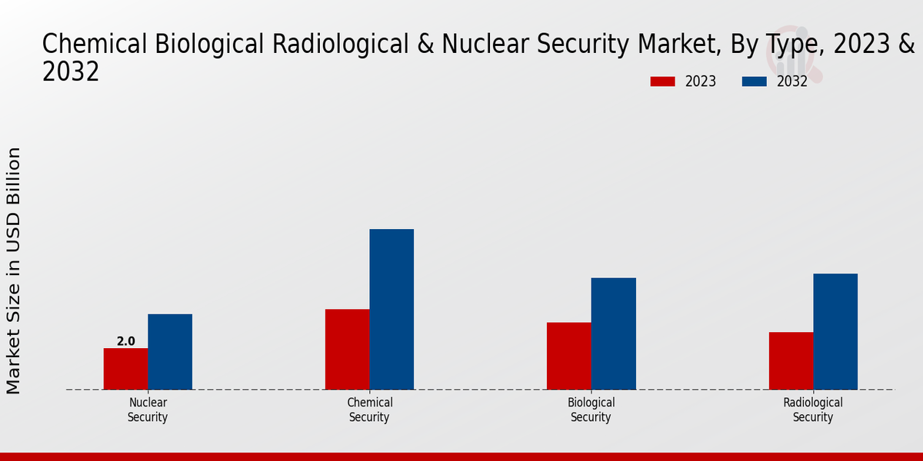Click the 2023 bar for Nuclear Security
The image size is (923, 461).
125,369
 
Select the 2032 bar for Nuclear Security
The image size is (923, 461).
170,352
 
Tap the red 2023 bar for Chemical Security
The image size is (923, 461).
347,349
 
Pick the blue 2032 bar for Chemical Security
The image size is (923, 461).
392,309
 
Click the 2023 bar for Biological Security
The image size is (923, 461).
569,356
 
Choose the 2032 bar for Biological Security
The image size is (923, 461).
614,333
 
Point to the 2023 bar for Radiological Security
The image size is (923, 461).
791,360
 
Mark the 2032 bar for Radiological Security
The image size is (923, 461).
835,331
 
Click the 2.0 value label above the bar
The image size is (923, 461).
125,341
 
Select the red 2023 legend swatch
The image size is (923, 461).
662,81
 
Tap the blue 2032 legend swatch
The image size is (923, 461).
755,81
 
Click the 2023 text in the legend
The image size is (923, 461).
700,81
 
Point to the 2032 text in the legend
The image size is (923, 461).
792,81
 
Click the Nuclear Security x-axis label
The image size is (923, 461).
148,410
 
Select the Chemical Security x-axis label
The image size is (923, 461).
369,410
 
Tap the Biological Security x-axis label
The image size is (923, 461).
591,410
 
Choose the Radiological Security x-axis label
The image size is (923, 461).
813,410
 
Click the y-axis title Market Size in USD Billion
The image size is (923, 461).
14,270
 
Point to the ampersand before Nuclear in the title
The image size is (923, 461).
424,45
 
